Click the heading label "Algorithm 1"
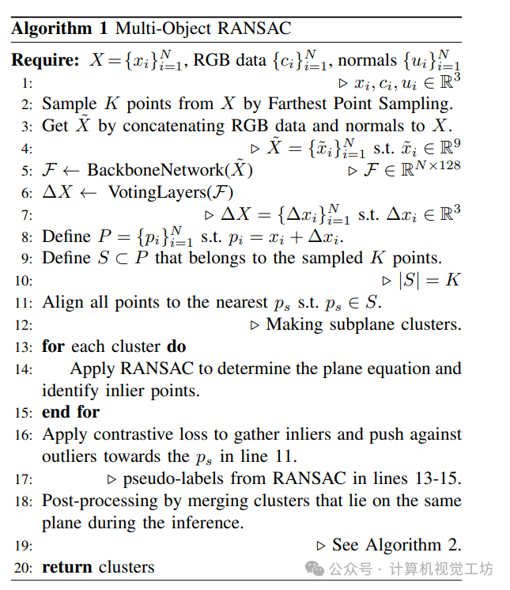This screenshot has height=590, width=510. coord(60,29)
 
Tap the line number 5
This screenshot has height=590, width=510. coord(28,171)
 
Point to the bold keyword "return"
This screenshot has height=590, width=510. coord(68,566)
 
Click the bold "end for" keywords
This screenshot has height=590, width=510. coord(71,411)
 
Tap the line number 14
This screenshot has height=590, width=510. coord(25,369)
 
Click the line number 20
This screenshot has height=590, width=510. coord(25,567)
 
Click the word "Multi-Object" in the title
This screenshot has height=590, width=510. coord(161,29)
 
